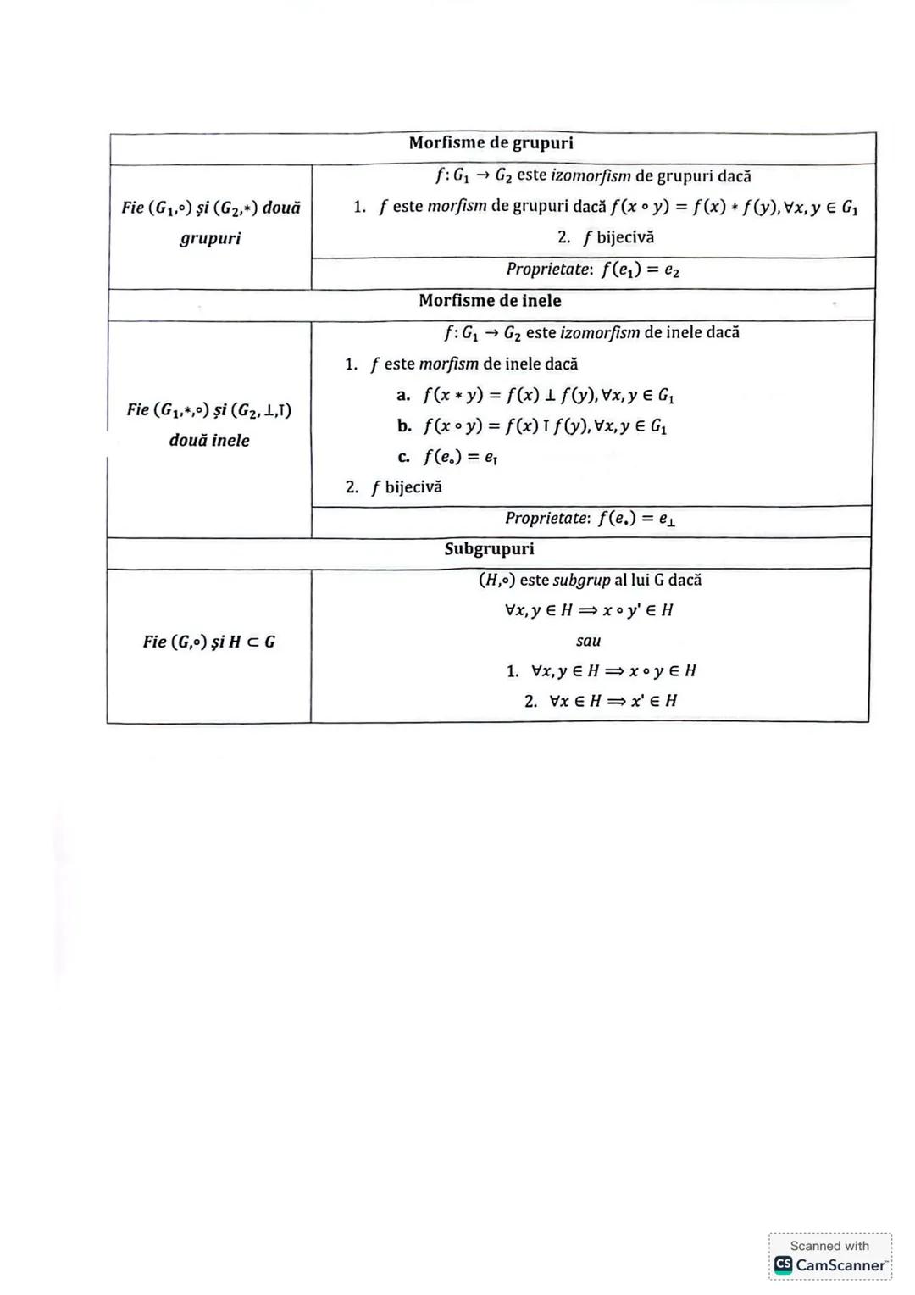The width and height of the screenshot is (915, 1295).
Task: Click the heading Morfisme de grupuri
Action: coord(491,143)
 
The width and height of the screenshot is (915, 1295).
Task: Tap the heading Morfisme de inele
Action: coord(490,301)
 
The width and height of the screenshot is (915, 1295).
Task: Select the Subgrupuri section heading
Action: coord(489,549)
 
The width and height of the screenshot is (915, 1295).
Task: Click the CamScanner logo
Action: coord(783,1264)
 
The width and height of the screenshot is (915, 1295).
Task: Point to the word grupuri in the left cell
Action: coord(210,238)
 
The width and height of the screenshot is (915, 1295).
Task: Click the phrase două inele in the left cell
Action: coord(209,441)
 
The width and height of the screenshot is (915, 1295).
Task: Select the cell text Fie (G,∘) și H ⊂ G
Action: coord(209,642)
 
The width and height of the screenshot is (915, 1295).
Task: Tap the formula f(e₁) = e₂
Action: coord(640,270)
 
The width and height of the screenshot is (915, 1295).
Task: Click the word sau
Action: coord(588,641)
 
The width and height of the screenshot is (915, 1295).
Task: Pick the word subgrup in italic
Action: coord(581,581)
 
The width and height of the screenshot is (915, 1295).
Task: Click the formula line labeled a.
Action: coord(548,395)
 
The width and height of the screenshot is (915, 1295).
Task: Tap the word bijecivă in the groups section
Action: coord(625,237)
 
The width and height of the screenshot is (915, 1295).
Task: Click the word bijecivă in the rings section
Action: coord(413,487)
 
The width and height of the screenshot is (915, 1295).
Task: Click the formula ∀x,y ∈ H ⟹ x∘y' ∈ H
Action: coord(588,610)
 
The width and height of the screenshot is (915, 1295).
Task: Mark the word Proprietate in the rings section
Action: coord(546,518)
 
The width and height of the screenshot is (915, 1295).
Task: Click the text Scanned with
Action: coord(829,1246)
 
